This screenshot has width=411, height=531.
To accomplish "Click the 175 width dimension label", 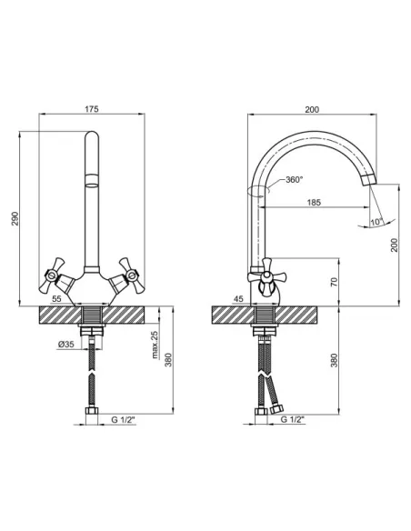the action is click(x=92, y=109).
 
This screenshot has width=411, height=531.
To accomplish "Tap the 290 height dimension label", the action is click(x=15, y=219).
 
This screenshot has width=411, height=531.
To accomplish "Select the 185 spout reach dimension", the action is click(x=314, y=203).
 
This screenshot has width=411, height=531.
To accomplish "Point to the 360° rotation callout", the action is click(x=294, y=179).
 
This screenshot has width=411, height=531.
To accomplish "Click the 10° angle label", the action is click(x=376, y=222).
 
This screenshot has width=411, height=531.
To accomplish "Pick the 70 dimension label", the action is click(x=334, y=282).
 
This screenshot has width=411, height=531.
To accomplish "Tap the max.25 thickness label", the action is click(x=155, y=345).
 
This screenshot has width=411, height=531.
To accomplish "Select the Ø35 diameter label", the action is click(x=66, y=344).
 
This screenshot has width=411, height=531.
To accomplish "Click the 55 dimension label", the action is click(x=56, y=298).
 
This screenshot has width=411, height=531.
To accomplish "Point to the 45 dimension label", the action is click(x=238, y=298).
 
